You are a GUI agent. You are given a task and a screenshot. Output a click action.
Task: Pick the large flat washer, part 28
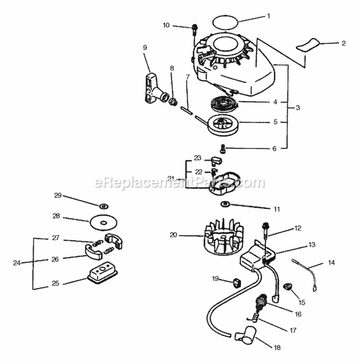[x=103, y=222]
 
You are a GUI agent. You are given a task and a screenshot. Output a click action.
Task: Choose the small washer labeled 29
[x=103, y=206]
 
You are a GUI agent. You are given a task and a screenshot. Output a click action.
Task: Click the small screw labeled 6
[x=223, y=148]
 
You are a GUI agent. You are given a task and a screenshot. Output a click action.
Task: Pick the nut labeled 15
[x=288, y=287]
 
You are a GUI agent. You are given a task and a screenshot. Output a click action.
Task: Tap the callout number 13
[x=312, y=244]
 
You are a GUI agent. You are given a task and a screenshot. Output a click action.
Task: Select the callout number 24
[x=17, y=263]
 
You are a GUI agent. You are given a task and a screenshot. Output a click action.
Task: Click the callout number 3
[x=298, y=107]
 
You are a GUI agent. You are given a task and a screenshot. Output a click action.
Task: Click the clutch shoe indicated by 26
[x=93, y=252]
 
